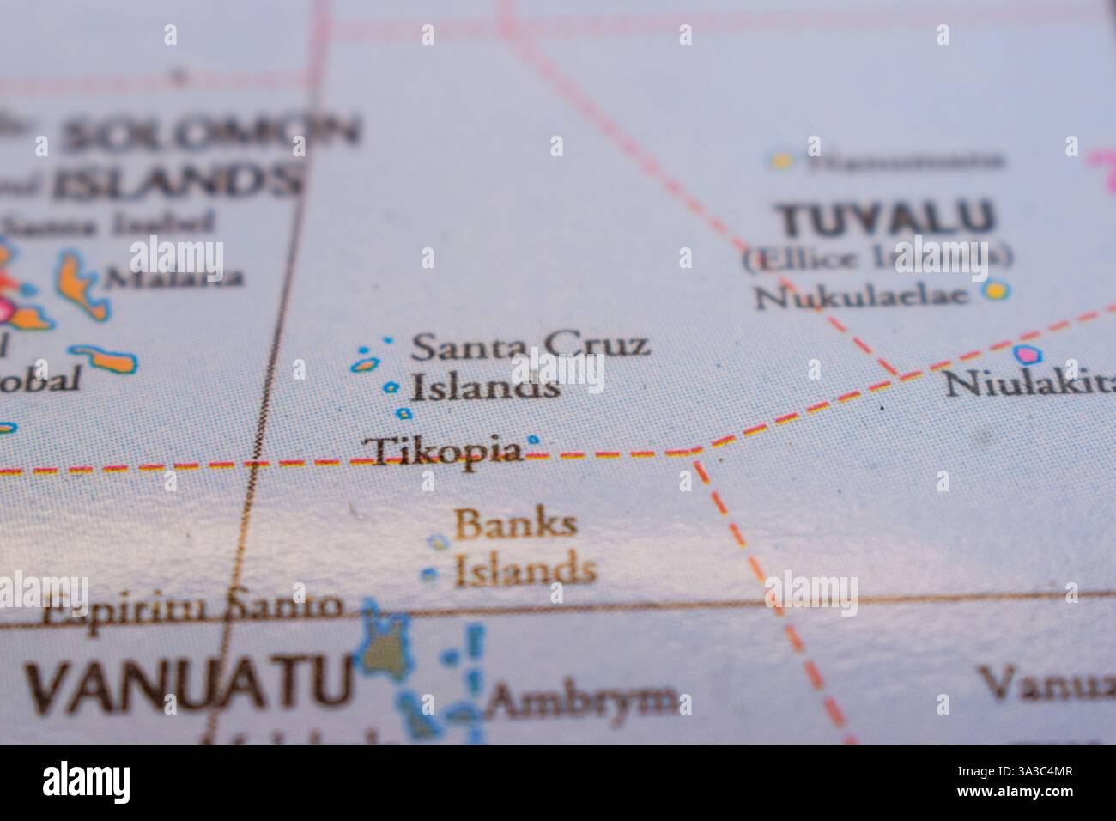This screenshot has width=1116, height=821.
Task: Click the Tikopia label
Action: [x=443, y=450]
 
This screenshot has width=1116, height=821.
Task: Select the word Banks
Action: [x=515, y=523]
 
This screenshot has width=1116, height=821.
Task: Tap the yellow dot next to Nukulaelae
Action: [x=996, y=291]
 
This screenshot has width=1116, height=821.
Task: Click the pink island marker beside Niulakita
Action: [x=1024, y=353]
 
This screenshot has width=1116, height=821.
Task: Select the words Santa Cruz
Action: [x=530, y=346]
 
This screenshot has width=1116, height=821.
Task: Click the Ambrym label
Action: [x=581, y=702]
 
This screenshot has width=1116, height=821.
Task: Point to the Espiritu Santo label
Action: [x=193, y=609]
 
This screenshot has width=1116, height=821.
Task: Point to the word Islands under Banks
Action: [x=525, y=570]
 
